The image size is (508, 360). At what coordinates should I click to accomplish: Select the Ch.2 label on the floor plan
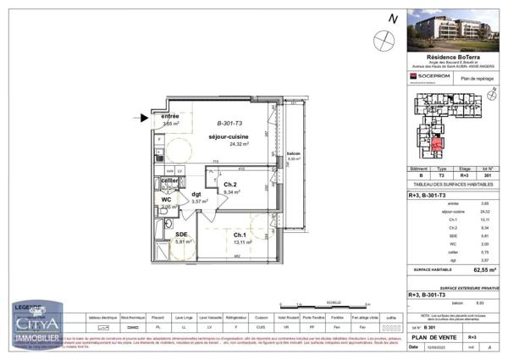(229, 184)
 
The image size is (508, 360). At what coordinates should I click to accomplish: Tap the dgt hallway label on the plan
(196, 194)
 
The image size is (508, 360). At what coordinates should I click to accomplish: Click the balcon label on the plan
(294, 153)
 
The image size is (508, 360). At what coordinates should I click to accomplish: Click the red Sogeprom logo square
(413, 77)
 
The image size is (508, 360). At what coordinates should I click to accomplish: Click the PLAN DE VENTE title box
(431, 336)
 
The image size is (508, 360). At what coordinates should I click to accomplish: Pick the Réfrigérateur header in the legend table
(228, 316)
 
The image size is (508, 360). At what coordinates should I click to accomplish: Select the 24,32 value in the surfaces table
(484, 211)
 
